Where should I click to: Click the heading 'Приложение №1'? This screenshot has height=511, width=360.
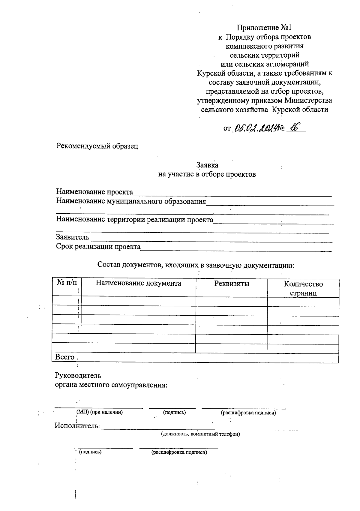click(x=264, y=28)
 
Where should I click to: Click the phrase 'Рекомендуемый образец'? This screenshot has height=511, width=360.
click(x=97, y=146)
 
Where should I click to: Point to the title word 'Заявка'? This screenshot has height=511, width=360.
click(x=207, y=165)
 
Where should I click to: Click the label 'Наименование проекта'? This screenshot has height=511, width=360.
click(x=94, y=192)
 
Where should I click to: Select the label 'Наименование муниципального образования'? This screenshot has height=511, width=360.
click(x=131, y=201)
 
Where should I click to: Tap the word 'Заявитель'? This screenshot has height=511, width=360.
click(x=73, y=237)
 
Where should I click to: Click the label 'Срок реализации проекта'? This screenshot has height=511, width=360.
click(x=98, y=247)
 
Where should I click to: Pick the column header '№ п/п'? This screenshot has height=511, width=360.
click(x=67, y=283)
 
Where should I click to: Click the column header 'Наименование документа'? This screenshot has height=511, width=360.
click(x=138, y=283)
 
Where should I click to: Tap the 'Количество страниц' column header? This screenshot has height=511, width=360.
click(x=303, y=288)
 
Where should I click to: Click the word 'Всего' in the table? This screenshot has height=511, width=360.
click(x=64, y=357)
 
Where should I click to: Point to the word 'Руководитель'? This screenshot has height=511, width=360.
click(x=78, y=375)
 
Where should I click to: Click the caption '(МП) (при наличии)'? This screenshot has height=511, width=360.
click(x=100, y=412)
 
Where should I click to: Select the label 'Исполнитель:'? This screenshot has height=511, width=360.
click(x=77, y=425)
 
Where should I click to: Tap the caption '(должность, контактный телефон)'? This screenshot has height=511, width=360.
click(x=200, y=434)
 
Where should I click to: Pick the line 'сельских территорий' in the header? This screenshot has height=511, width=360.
click(x=264, y=55)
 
